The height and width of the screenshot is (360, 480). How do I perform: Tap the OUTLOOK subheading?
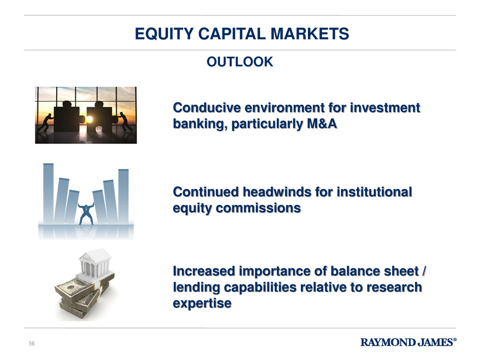click(x=239, y=62)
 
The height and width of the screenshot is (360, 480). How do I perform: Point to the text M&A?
click(x=322, y=124)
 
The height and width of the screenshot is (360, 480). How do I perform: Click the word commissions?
click(x=258, y=208)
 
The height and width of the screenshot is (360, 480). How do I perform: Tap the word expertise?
click(x=202, y=304)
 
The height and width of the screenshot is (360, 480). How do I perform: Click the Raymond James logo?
click(x=409, y=342)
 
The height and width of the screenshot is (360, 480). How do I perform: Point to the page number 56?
click(x=32, y=344)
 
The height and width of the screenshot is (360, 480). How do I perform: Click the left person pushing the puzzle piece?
click(x=46, y=123)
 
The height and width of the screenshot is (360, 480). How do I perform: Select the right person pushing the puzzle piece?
click(x=125, y=122)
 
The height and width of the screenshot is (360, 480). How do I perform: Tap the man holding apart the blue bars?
click(x=86, y=213)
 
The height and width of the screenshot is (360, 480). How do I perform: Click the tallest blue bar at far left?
click(x=49, y=194)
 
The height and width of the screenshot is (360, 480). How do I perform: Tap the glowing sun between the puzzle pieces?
click(x=89, y=119)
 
